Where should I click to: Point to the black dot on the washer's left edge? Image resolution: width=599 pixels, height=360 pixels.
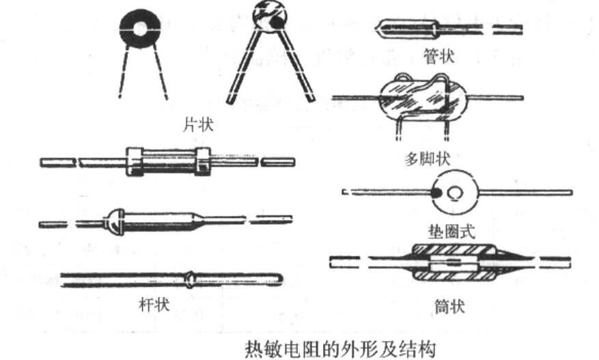tap(435, 194)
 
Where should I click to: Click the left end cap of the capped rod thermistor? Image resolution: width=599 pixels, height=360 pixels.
tap(135, 162)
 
